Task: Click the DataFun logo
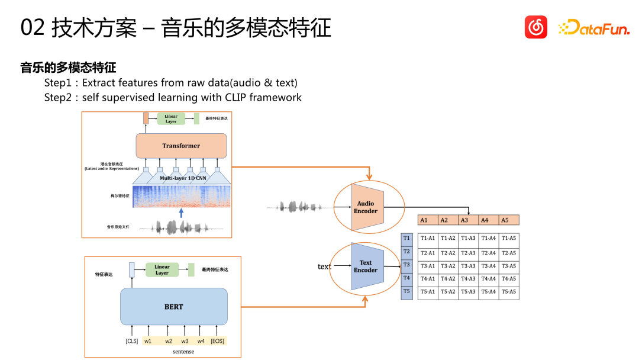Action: pyautogui.click(x=594, y=27)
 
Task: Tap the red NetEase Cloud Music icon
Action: pyautogui.click(x=536, y=27)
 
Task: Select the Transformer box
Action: pyautogui.click(x=181, y=146)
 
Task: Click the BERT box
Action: pyautogui.click(x=173, y=307)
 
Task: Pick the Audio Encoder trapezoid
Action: pyautogui.click(x=366, y=207)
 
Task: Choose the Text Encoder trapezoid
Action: pyautogui.click(x=366, y=266)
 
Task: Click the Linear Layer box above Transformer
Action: pyautogui.click(x=170, y=118)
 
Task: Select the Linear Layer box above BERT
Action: pyautogui.click(x=162, y=270)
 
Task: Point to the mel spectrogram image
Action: pyautogui.click(x=181, y=197)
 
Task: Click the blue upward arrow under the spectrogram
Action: pyautogui.click(x=182, y=213)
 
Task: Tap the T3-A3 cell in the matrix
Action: pyautogui.click(x=468, y=266)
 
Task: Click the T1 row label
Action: pyautogui.click(x=406, y=238)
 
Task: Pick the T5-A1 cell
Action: pyautogui.click(x=428, y=292)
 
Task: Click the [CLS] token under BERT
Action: pyautogui.click(x=131, y=341)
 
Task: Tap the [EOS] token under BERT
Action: pyautogui.click(x=218, y=341)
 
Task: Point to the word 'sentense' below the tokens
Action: pyautogui.click(x=183, y=352)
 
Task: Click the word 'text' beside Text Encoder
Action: pyautogui.click(x=324, y=267)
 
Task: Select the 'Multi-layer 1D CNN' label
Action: pyautogui.click(x=183, y=178)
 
